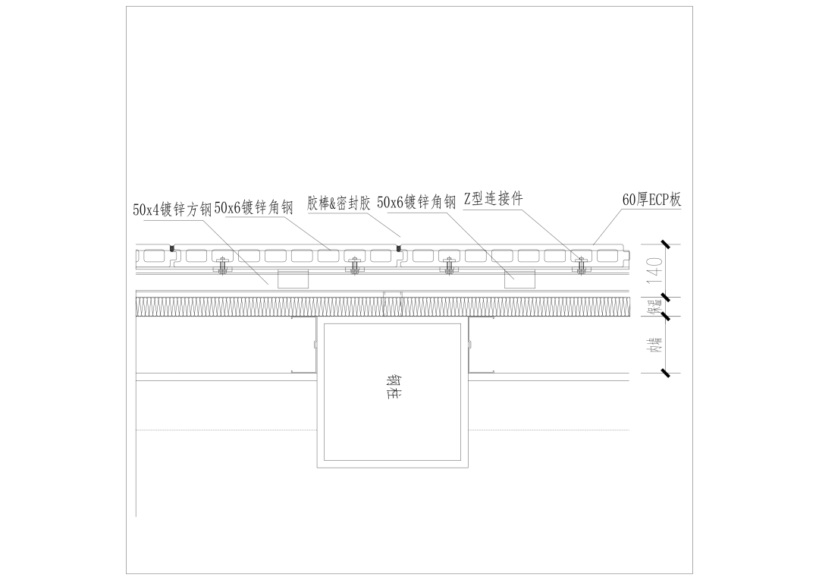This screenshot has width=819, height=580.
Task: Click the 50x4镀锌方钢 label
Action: (x=172, y=210)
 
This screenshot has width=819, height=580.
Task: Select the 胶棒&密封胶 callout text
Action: (x=339, y=203)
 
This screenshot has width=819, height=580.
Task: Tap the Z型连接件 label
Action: (x=493, y=199)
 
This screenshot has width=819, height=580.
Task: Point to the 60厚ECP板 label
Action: (x=651, y=200)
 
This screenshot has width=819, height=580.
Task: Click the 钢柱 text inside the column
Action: (x=392, y=387)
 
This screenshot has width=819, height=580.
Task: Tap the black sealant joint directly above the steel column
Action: (x=399, y=247)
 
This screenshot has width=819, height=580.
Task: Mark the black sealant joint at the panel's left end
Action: (x=172, y=247)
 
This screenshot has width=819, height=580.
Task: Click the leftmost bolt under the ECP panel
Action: (x=222, y=266)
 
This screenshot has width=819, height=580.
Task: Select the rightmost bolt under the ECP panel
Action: (x=582, y=266)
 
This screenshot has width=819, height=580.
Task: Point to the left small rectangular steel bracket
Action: (x=293, y=279)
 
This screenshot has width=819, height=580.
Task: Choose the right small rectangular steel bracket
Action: (x=520, y=279)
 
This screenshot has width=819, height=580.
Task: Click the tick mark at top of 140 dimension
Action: (x=664, y=244)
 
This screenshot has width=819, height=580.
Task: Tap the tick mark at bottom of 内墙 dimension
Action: (x=664, y=373)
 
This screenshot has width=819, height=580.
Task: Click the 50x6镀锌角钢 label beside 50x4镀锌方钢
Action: (x=253, y=207)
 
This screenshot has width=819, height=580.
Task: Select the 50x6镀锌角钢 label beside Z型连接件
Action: (x=416, y=202)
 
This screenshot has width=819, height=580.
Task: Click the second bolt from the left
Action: (x=355, y=266)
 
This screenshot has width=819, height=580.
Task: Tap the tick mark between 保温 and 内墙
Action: (x=664, y=316)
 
